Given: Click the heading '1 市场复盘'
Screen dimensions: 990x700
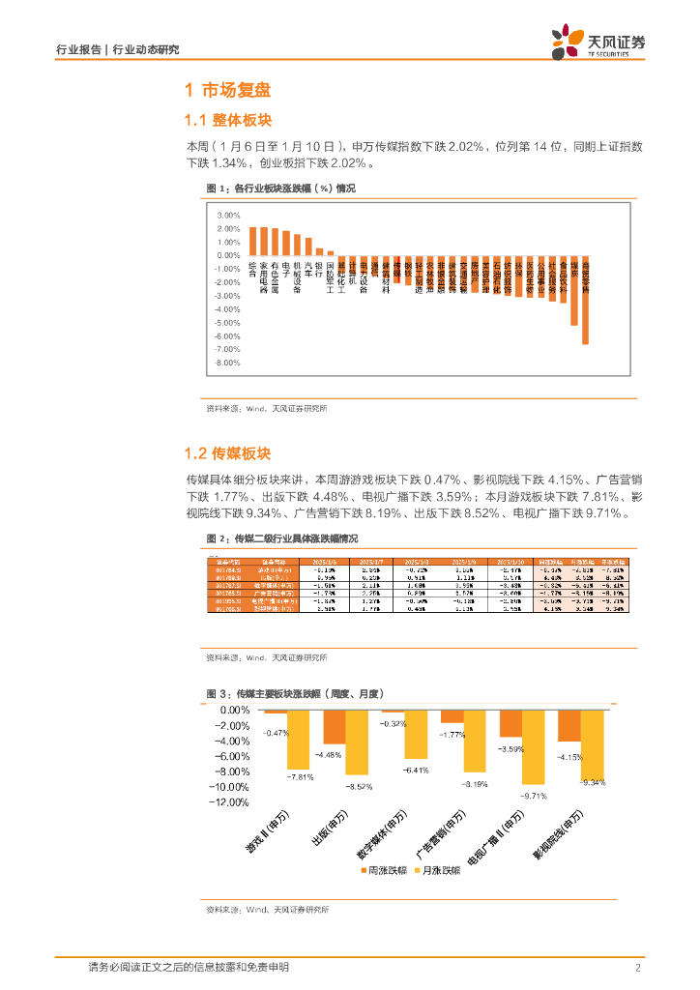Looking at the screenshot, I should (227, 91).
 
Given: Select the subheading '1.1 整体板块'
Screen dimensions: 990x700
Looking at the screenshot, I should (228, 120).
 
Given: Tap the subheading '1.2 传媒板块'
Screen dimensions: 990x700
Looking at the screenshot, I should (228, 453).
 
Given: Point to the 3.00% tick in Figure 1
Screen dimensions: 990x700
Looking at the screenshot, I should (228, 215).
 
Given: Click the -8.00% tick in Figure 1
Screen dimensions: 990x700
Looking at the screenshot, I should (228, 363).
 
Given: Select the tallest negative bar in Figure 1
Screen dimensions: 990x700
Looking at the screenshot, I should (585, 300).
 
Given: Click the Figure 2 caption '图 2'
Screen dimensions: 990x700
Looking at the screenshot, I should (218, 539).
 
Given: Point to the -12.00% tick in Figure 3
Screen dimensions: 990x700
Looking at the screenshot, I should (232, 801).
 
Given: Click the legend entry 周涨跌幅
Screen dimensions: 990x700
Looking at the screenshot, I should (378, 870).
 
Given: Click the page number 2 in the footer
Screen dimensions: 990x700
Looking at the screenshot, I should (637, 968).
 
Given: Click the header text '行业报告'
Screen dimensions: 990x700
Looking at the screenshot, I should (73, 50).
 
